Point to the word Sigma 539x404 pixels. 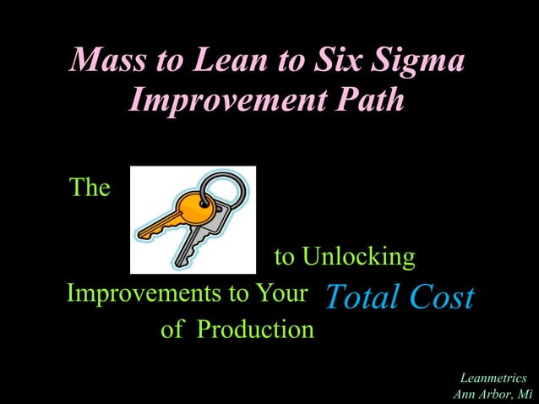[x=422, y=62]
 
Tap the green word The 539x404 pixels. [x=90, y=188]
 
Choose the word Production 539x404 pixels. [x=255, y=330]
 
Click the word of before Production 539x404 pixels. [x=172, y=330]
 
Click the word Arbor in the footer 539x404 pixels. [x=495, y=394]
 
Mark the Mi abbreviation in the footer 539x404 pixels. [x=524, y=394]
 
